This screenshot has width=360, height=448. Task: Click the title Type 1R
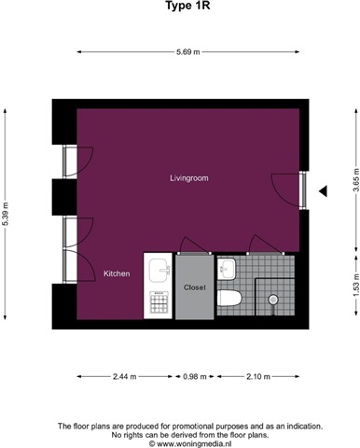187,6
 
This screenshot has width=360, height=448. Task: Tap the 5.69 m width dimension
188,52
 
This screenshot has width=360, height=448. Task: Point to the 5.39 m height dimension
5,214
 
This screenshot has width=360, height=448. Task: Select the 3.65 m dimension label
356,181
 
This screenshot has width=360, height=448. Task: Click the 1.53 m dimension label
356,286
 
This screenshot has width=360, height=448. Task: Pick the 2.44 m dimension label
125,377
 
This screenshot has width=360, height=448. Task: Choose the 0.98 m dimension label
195,377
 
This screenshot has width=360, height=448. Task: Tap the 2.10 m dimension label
258,377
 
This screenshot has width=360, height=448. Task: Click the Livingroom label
189,178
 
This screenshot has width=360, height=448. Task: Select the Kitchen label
117,273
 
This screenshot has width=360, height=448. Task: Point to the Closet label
195,287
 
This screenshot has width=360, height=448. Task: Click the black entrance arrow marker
323,191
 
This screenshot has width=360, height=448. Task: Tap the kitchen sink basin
159,270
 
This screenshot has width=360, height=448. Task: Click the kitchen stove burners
159,302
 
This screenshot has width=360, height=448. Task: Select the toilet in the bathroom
229,299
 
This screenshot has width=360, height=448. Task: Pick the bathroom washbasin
227,269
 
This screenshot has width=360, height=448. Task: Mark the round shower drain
273,300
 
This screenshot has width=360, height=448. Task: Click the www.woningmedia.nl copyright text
190,443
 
